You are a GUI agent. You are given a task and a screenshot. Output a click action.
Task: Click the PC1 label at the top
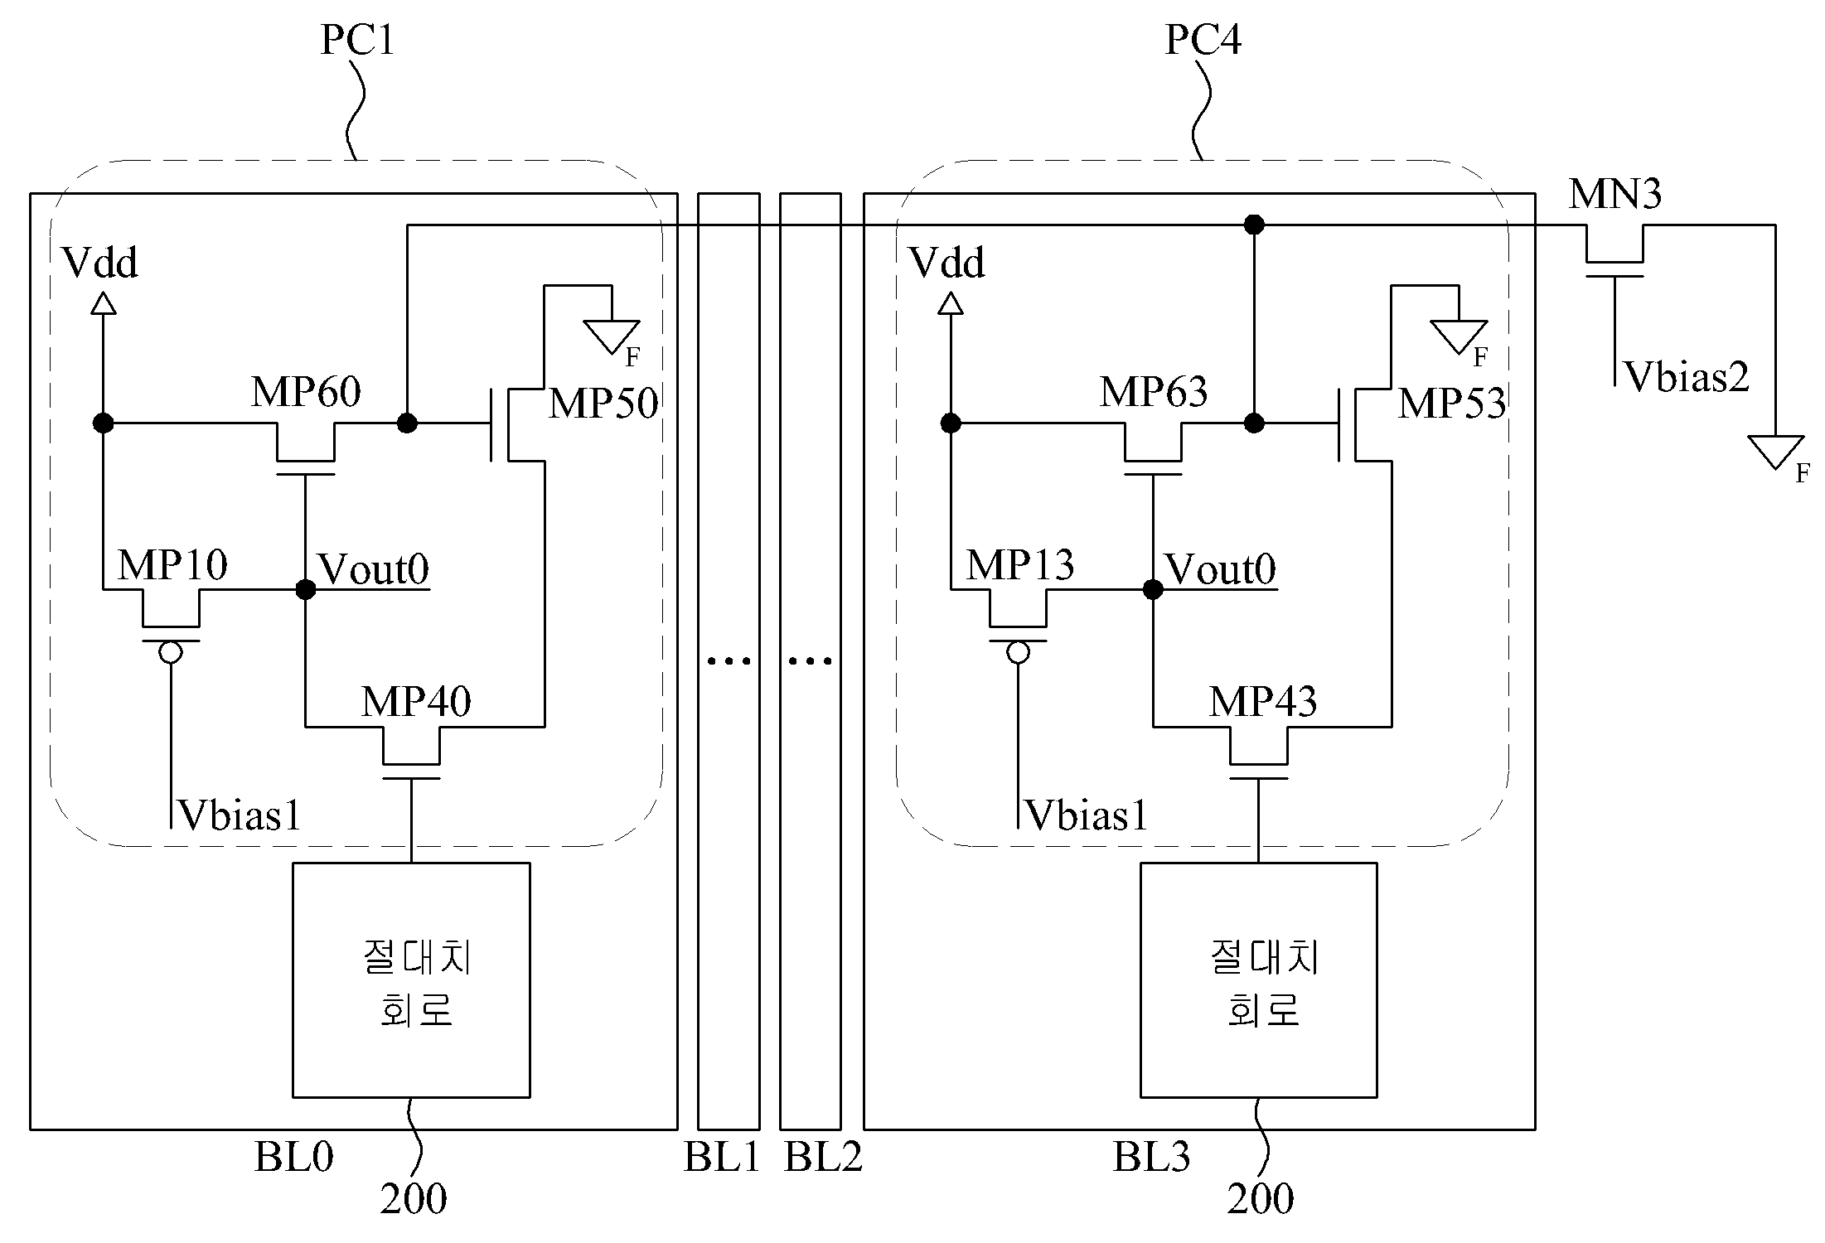(x=357, y=40)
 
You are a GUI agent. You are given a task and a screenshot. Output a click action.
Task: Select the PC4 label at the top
(x=1203, y=40)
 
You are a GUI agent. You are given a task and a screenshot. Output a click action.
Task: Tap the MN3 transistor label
(x=1614, y=194)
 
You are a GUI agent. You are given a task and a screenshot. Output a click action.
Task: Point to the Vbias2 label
(x=1687, y=377)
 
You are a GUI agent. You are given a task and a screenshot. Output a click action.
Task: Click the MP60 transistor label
(x=306, y=391)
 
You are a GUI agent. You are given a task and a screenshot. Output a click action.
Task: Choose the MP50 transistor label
(x=603, y=404)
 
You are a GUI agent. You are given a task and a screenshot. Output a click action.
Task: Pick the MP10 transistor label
(x=172, y=565)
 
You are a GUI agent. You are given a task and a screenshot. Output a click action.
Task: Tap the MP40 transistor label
(x=416, y=702)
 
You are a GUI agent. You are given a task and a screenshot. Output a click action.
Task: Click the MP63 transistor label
(x=1154, y=391)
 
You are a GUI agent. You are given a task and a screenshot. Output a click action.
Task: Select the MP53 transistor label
(x=1452, y=404)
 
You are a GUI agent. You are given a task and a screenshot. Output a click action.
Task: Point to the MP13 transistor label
(x=1020, y=565)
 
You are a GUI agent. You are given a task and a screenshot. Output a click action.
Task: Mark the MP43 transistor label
(x=1263, y=702)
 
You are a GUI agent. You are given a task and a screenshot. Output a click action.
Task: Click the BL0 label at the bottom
(x=293, y=1157)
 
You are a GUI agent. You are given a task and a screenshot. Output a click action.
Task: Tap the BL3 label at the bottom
(x=1151, y=1157)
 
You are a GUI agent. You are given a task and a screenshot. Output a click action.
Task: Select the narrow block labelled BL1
(x=729, y=661)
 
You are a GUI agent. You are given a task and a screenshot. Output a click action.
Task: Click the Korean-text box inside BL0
(x=411, y=980)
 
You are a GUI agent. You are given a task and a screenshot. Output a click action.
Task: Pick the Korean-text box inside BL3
(x=1259, y=980)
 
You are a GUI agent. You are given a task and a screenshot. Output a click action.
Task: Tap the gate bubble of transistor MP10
(x=171, y=653)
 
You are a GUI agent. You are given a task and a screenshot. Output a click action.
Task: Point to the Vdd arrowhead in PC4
(x=951, y=303)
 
